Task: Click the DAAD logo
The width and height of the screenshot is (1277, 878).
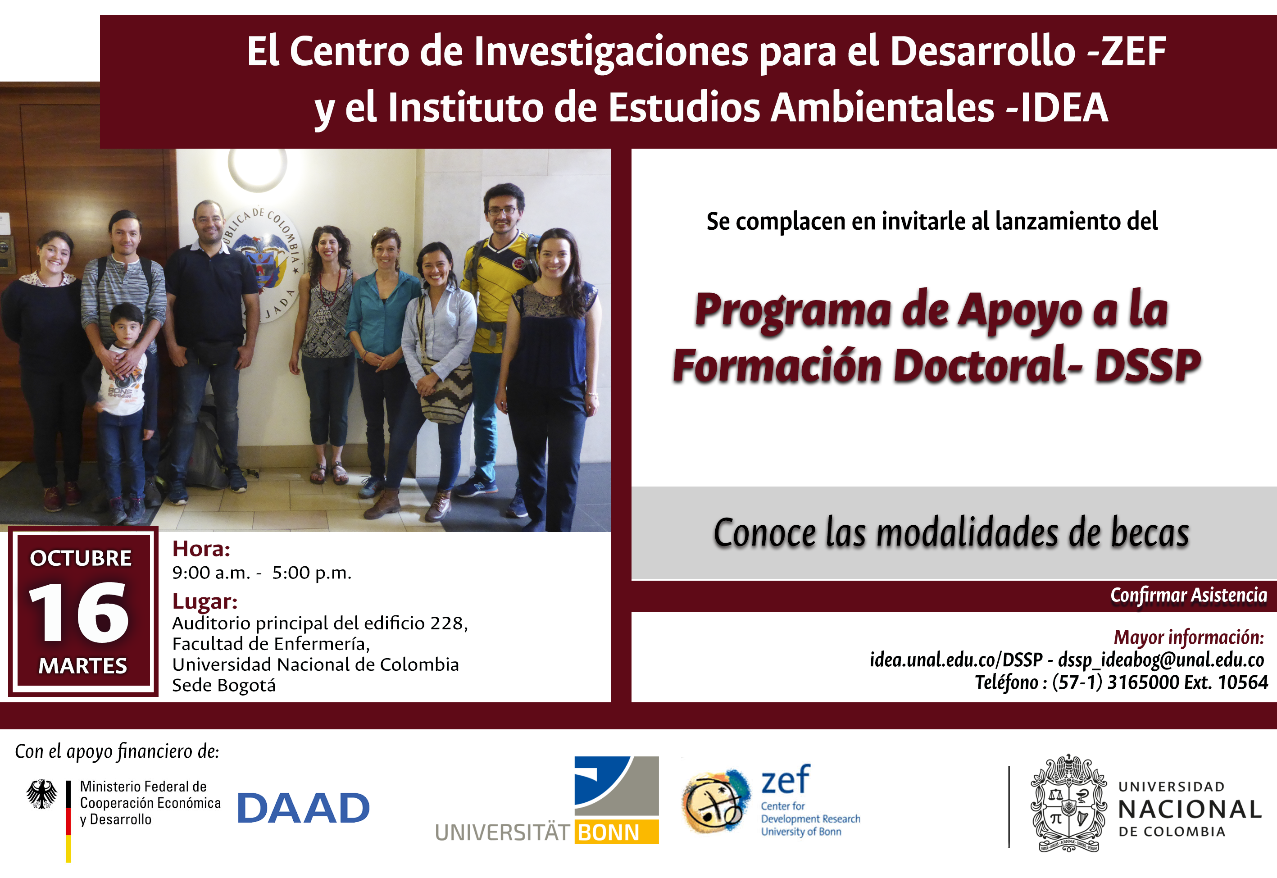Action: [x=303, y=808]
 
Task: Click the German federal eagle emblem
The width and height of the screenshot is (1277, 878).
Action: [x=42, y=794]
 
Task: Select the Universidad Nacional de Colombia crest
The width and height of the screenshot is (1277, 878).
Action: [x=1068, y=803]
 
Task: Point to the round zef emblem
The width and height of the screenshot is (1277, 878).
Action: [x=715, y=801]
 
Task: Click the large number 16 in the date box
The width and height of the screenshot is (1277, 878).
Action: [x=79, y=612]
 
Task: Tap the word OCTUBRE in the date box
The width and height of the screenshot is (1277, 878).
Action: [x=81, y=558]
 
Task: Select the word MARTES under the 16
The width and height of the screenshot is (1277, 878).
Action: [x=82, y=666]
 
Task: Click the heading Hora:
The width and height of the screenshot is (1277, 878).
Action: [x=201, y=549]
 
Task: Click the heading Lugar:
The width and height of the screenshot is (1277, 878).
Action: [x=205, y=601]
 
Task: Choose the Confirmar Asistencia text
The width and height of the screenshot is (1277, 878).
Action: [x=1188, y=595]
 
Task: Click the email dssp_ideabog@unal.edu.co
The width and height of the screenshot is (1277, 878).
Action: [x=1161, y=659]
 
